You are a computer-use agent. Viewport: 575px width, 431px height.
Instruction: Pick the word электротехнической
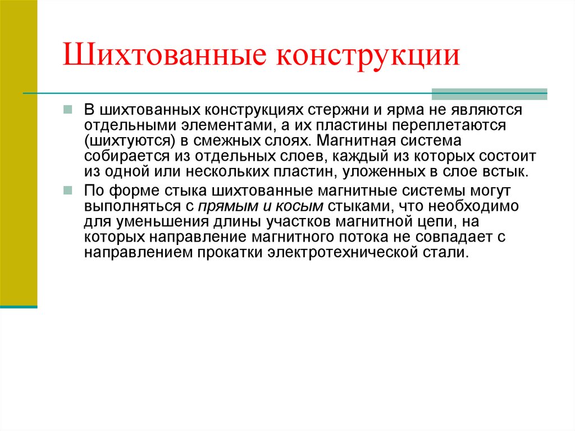coord(342,253)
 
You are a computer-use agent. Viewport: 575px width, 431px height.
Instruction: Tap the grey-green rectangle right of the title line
coord(489,94)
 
